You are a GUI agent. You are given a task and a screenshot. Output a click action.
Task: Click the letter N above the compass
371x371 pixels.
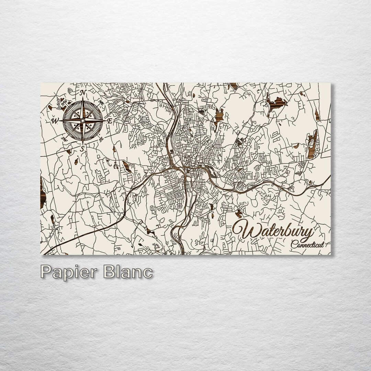pyautogui.click(x=83, y=93)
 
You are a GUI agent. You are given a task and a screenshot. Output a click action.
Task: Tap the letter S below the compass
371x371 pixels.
pyautogui.click(x=82, y=149)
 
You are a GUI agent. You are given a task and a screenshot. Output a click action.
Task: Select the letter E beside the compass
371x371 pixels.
pyautogui.click(x=110, y=121)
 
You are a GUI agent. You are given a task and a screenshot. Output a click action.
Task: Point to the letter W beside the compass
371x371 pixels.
pyautogui.click(x=55, y=121)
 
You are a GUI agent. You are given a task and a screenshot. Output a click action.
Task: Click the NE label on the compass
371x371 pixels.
pyautogui.click(x=101, y=102)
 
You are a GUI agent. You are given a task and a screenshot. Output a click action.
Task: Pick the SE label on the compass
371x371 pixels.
pyautogui.click(x=101, y=139)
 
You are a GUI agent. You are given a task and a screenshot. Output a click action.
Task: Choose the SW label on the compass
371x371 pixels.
pyautogui.click(x=64, y=139)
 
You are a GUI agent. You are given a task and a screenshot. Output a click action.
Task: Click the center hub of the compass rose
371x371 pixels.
pyautogui.click(x=82, y=121)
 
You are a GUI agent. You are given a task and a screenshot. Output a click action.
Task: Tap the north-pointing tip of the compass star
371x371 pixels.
pyautogui.click(x=82, y=98)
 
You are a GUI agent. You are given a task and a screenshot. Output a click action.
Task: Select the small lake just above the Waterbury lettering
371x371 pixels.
pyautogui.click(x=238, y=213)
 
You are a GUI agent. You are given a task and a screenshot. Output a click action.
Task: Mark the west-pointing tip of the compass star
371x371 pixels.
pyautogui.click(x=60, y=121)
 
